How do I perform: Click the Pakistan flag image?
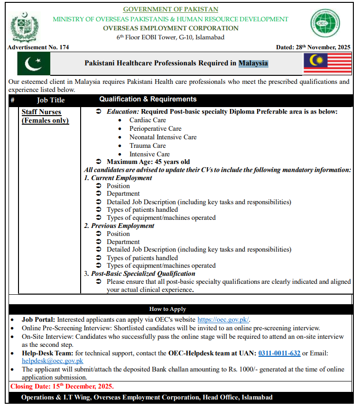tap(34, 63)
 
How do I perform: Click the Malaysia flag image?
tap(327, 63)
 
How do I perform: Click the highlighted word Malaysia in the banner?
tap(253, 63)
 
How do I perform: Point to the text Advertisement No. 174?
tap(38, 47)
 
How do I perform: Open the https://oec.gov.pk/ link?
tap(223, 320)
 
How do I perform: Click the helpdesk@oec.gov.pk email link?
tap(53, 361)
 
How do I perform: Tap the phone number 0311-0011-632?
tap(279, 353)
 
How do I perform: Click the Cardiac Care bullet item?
tap(148, 120)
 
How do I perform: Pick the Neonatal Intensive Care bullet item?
tap(163, 137)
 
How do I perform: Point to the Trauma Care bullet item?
tap(148, 146)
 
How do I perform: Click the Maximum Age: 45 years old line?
tap(148, 162)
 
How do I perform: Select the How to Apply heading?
tap(167, 309)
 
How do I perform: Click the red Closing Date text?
tap(62, 386)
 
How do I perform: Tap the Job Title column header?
tap(51, 100)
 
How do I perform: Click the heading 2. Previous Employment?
tap(119, 226)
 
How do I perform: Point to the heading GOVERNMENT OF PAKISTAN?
tap(171, 9)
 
